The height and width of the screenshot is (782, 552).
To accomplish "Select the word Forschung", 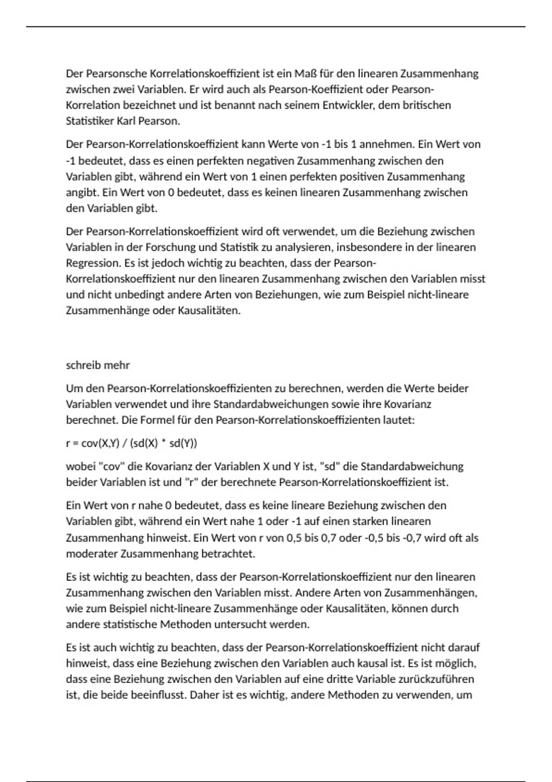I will (170, 247).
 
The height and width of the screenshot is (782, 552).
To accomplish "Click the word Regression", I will (92, 263).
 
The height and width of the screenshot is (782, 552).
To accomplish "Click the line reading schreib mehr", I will (98, 365).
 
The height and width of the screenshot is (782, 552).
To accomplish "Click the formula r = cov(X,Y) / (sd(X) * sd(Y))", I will (132, 443).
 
